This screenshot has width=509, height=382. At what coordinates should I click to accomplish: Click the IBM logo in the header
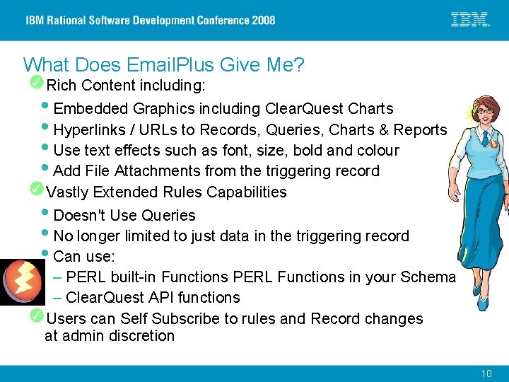click(x=470, y=20)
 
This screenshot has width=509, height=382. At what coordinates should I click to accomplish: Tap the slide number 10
click(x=486, y=373)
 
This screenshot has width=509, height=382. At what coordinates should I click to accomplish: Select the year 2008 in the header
click(x=262, y=20)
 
